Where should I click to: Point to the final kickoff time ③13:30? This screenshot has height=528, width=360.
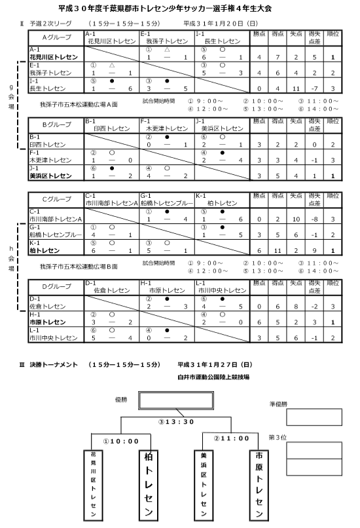[175, 423]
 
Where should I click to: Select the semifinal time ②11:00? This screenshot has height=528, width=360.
[231, 438]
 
